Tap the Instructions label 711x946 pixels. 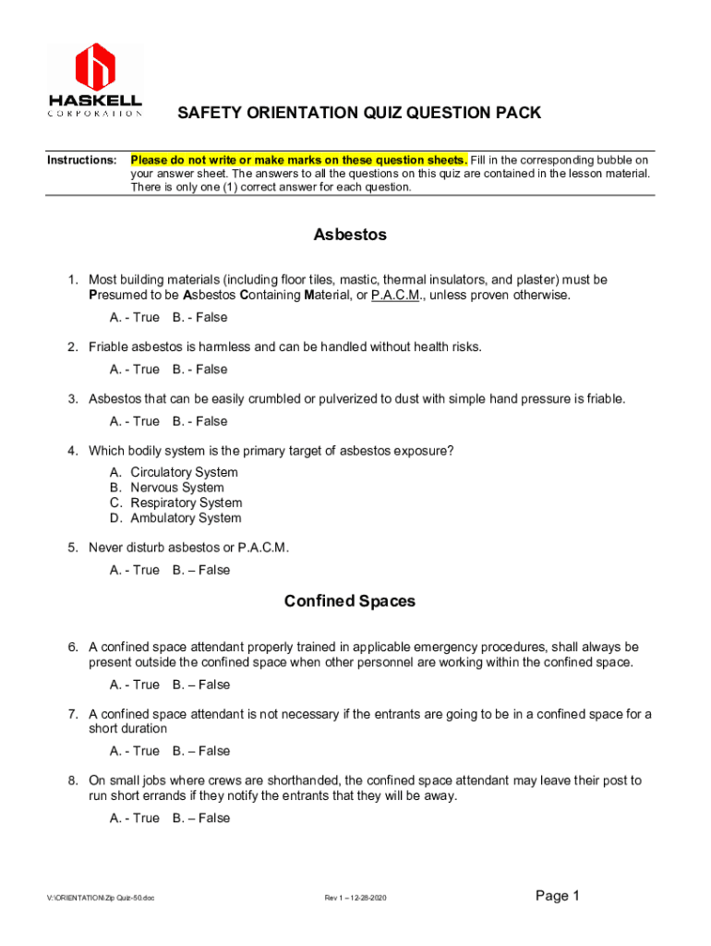click(x=81, y=161)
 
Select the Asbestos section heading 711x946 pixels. click(x=350, y=235)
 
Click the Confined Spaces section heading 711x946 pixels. click(x=350, y=601)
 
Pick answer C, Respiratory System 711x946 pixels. click(x=186, y=503)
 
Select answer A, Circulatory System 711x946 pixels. click(x=184, y=472)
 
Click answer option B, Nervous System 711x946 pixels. click(x=176, y=488)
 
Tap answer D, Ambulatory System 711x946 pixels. click(x=186, y=518)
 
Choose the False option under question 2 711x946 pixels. click(x=199, y=370)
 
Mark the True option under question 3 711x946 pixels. click(x=135, y=421)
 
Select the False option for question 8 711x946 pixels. click(x=201, y=818)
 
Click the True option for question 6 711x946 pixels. click(x=135, y=685)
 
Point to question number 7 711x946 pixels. click(x=72, y=714)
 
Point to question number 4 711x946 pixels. click(x=72, y=451)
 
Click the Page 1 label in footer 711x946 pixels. click(x=557, y=895)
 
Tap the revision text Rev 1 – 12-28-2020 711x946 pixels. click(x=355, y=898)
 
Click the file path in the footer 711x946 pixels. click(x=101, y=898)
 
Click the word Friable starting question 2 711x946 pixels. click(x=109, y=347)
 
